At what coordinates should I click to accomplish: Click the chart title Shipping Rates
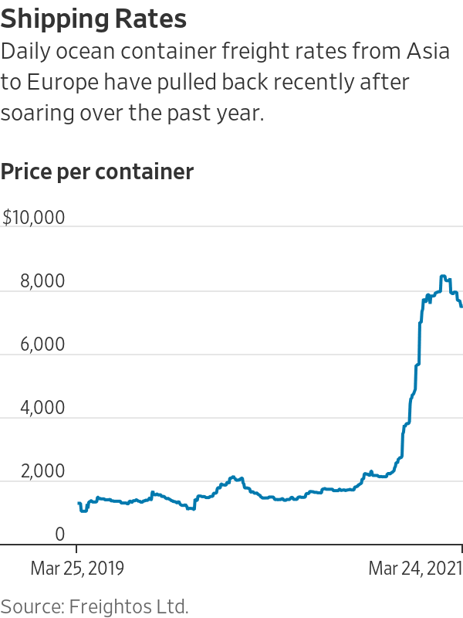pos(94,19)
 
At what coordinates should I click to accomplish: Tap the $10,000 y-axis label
pos(34,218)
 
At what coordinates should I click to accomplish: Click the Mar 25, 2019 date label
pos(77,569)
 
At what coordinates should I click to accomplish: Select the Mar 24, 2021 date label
pos(415,569)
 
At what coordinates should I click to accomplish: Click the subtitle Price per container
pos(97,171)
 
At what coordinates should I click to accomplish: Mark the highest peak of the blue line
pos(443,276)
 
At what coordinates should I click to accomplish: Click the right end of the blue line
pos(461,307)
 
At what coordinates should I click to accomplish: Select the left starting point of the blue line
pos(79,503)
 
